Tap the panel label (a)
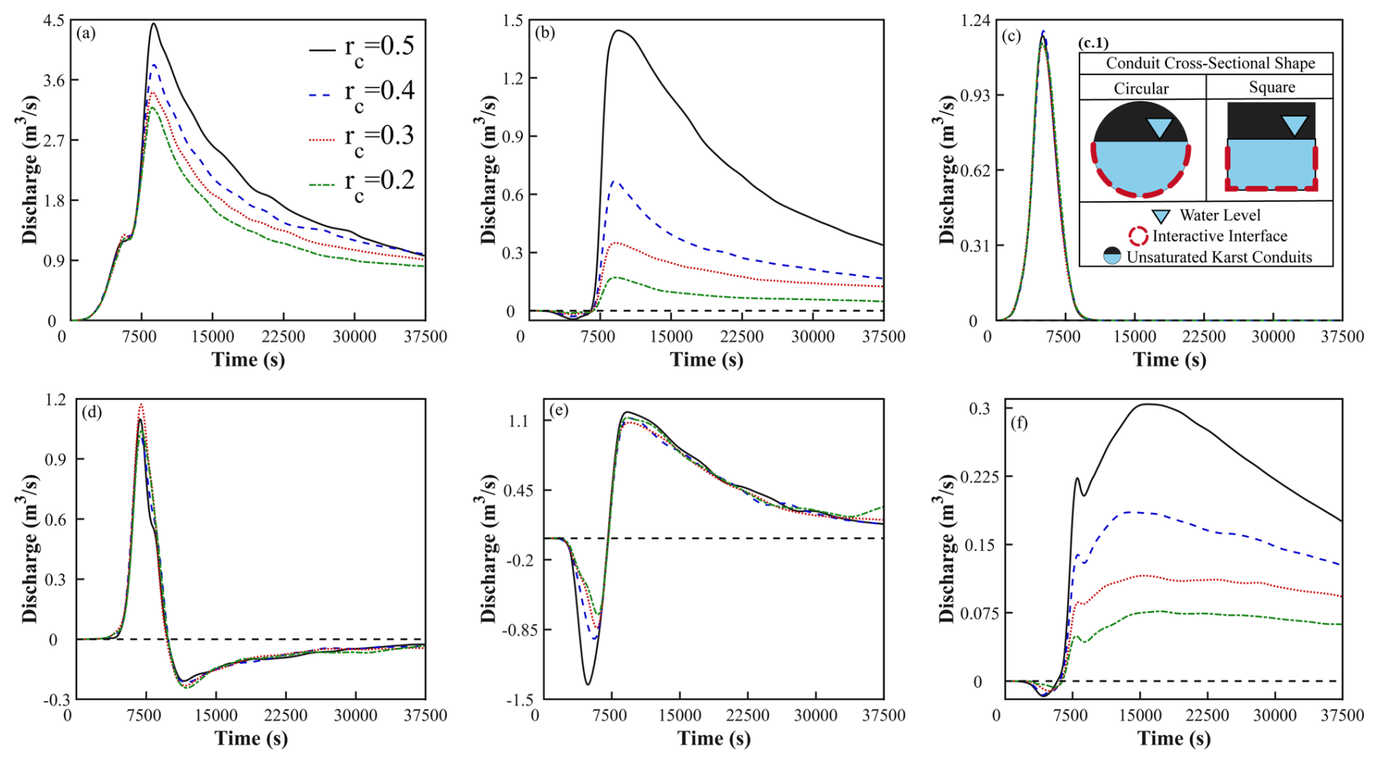click(x=86, y=33)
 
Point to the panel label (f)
click(x=1018, y=423)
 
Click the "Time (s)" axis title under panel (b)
click(x=706, y=359)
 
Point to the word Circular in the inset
click(x=1141, y=88)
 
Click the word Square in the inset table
click(x=1272, y=87)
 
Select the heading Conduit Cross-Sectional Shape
click(x=1210, y=63)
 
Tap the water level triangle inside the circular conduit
click(x=1159, y=128)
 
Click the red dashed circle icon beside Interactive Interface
click(x=1138, y=236)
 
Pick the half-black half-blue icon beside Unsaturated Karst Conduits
click(x=1112, y=257)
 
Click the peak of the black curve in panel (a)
click(x=154, y=24)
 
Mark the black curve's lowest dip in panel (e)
click(x=588, y=684)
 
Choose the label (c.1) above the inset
click(x=1093, y=44)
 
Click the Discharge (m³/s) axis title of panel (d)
click(x=30, y=549)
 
